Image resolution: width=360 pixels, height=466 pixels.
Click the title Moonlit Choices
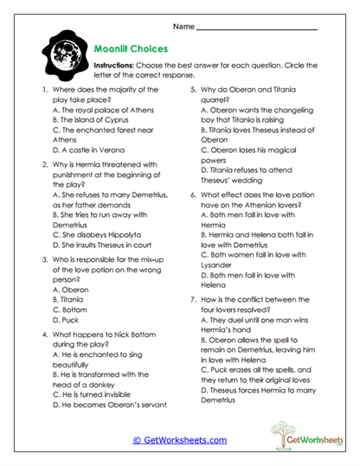coord(133,49)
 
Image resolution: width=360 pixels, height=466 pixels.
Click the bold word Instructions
coord(115,66)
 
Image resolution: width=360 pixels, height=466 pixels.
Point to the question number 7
coord(191,298)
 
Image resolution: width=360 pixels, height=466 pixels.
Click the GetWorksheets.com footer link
coord(180,440)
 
